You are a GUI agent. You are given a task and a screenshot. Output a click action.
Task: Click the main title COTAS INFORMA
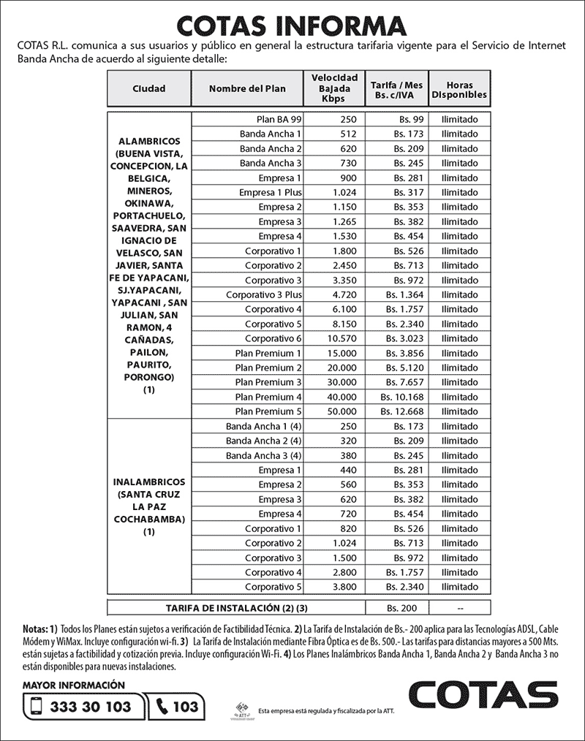click(x=292, y=24)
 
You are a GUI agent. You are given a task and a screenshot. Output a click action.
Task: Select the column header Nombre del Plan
click(x=247, y=88)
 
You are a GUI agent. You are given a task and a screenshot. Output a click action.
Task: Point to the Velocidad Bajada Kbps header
click(x=334, y=88)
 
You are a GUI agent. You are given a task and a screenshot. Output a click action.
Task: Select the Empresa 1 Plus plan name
click(x=270, y=192)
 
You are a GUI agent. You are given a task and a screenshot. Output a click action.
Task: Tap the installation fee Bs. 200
click(x=401, y=608)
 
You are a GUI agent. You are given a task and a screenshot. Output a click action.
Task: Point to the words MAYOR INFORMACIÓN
click(x=74, y=685)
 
